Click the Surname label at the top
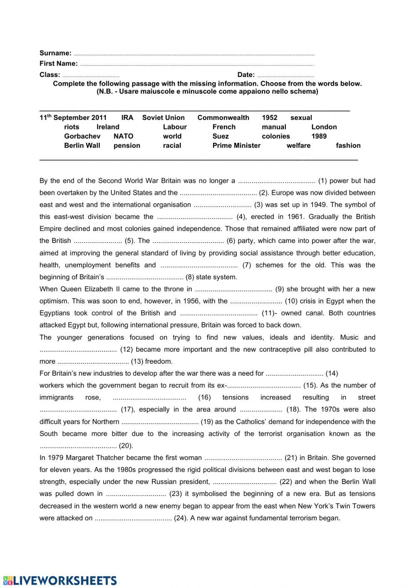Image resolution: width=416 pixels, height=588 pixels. pyautogui.click(x=55, y=53)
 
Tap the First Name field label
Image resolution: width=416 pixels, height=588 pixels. pyautogui.click(x=58, y=63)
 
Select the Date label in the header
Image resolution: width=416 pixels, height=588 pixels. pyautogui.click(x=246, y=74)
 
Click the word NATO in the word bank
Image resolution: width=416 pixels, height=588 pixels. pyautogui.click(x=124, y=136)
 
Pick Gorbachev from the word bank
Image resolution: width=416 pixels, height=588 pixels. pyautogui.click(x=82, y=136)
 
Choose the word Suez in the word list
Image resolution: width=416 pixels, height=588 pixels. pyautogui.click(x=220, y=136)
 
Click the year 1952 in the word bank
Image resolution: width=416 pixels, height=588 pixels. pyautogui.click(x=270, y=118)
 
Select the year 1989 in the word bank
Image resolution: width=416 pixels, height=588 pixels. pyautogui.click(x=319, y=136)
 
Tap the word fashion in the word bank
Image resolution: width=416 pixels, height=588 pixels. pyautogui.click(x=348, y=145)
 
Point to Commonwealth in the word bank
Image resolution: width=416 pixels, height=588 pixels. pyautogui.click(x=223, y=118)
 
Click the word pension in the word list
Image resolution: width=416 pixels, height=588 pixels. pyautogui.click(x=127, y=145)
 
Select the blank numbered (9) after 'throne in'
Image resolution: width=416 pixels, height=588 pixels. pyautogui.click(x=233, y=289)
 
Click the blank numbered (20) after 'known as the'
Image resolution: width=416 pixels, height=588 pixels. pyautogui.click(x=78, y=446)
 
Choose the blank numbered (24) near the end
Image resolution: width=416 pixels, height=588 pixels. pyautogui.click(x=133, y=519)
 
